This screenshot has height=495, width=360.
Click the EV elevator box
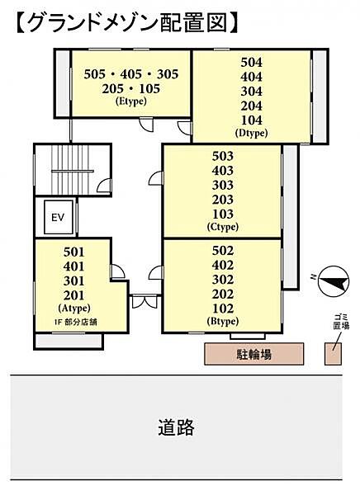coord(59,217)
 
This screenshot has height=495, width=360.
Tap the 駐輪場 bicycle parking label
coord(254,354)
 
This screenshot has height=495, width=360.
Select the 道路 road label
coord(177,427)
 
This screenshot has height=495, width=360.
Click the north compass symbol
coord(333,282)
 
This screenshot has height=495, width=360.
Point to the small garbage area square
coord(333,354)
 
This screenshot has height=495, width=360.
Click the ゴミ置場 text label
coord(341,321)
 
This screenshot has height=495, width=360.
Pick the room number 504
coord(252,62)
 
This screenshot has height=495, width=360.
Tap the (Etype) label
coord(131,101)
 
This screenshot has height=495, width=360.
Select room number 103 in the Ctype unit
coord(223,214)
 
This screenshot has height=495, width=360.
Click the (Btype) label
coord(223,322)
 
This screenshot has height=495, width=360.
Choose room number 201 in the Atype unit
coord(74,295)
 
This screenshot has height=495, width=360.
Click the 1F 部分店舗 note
coord(75,323)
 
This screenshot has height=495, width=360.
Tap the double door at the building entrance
coord(144,301)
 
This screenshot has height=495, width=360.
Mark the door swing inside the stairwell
coord(104,186)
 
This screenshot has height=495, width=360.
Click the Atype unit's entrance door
coord(117,271)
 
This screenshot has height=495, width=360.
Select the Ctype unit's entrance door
coord(156,177)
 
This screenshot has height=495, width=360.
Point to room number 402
coord(223,265)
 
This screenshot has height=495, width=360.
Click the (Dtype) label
coord(252,133)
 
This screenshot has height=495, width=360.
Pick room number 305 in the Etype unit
coord(168,74)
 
